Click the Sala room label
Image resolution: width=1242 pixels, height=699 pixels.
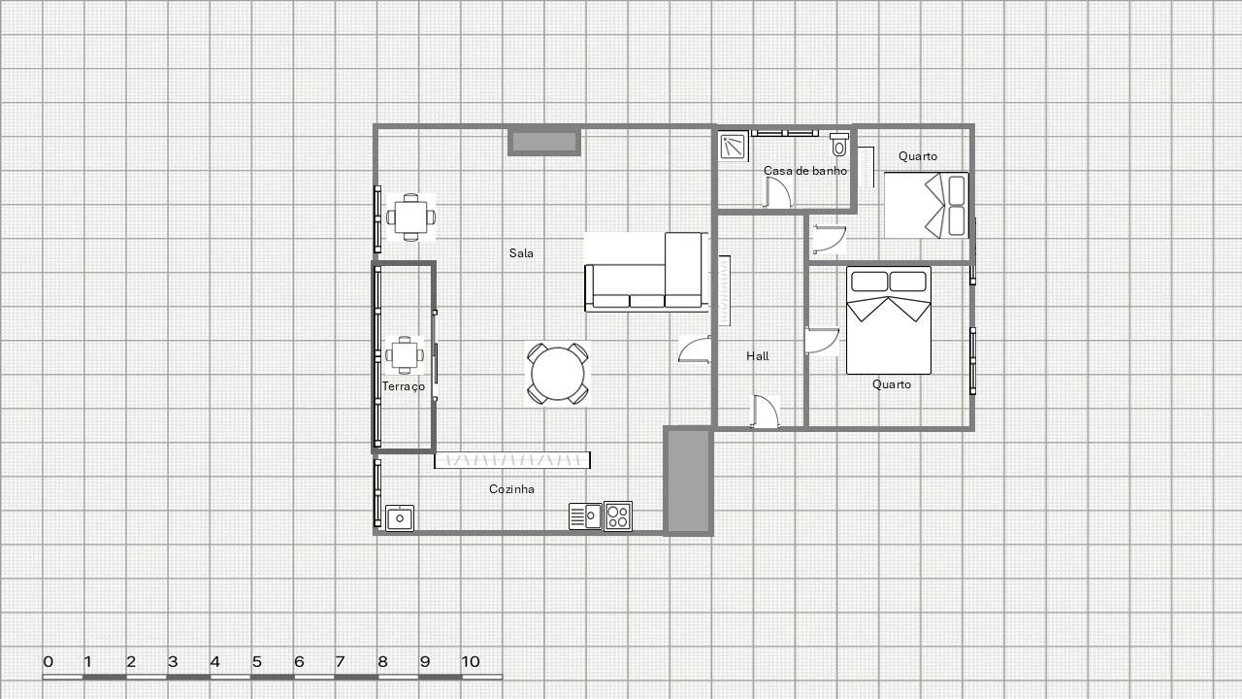(x=521, y=253)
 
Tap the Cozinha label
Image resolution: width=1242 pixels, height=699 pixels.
(x=511, y=489)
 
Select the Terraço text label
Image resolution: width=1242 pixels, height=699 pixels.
(x=403, y=386)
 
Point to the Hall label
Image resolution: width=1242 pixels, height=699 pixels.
(x=758, y=356)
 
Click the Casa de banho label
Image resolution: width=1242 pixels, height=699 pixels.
(x=805, y=171)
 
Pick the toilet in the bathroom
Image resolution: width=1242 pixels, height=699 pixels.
(x=839, y=145)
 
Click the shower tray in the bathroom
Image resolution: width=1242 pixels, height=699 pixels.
(x=735, y=147)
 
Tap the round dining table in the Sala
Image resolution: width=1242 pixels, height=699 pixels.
(x=558, y=374)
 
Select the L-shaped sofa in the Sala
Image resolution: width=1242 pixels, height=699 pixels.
(x=646, y=272)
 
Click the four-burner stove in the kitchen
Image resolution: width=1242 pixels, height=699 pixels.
(x=618, y=516)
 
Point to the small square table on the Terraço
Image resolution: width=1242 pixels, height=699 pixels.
(x=405, y=355)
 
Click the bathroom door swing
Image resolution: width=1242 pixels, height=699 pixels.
(x=778, y=192)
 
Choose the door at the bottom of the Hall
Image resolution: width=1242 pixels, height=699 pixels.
(x=766, y=412)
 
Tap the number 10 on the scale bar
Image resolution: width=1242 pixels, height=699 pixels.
(x=471, y=662)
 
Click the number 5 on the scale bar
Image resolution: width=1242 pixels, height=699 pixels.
(x=257, y=662)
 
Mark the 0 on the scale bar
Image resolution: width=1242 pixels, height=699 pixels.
(x=49, y=662)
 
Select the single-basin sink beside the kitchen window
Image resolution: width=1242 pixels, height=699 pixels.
(x=400, y=518)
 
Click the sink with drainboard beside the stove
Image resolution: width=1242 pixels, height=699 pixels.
(x=585, y=516)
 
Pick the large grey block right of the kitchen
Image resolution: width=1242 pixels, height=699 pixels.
(x=688, y=481)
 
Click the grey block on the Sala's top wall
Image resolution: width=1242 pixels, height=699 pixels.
(x=544, y=142)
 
